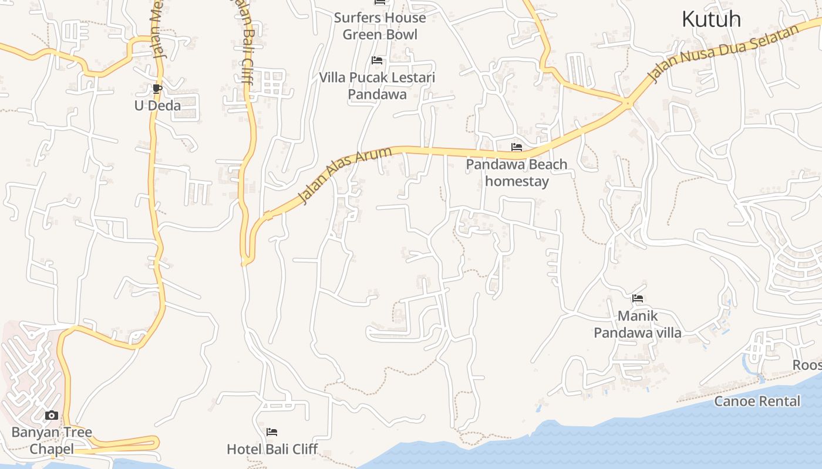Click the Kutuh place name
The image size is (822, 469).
[711, 19]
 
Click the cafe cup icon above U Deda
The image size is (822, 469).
[157, 89]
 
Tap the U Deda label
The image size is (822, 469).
[157, 106]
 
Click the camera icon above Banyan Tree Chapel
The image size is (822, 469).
[52, 416]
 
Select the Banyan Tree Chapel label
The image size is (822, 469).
[52, 441]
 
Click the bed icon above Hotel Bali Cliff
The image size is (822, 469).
[272, 433]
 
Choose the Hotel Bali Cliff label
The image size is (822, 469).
[272, 450]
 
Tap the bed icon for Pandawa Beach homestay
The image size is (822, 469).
[517, 147]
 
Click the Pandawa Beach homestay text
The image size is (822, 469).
[517, 173]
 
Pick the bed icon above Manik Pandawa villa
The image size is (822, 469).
[638, 299]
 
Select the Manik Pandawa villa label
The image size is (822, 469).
[638, 325]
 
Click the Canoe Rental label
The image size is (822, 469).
[757, 402]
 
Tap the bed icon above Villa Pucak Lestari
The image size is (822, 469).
[377, 60]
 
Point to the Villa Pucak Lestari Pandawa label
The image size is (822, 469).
[377, 86]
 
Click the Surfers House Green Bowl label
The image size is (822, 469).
[380, 26]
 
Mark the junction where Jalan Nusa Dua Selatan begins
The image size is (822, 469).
[628, 104]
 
